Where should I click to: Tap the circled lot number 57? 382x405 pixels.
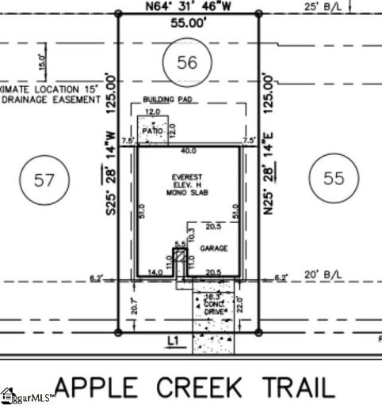point(44,180)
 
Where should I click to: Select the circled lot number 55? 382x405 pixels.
point(334,178)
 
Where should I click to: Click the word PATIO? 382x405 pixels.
point(153,130)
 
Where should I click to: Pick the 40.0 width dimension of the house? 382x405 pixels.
point(188,150)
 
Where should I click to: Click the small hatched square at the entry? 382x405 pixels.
point(180,257)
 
